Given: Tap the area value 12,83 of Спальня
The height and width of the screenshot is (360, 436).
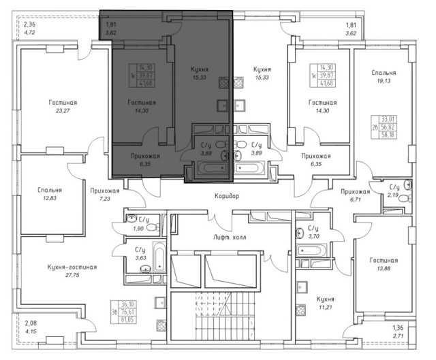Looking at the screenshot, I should (50, 198).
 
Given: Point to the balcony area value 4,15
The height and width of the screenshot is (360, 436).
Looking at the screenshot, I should (31, 331).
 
